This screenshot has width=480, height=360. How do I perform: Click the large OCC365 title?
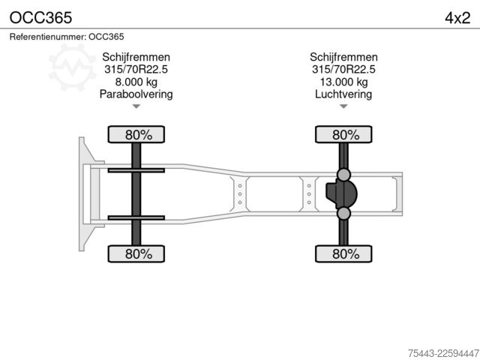tap(40, 18)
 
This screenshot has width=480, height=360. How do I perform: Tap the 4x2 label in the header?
tap(457, 18)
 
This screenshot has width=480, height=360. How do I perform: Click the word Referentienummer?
tap(47, 37)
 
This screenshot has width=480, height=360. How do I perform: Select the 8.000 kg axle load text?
tap(136, 82)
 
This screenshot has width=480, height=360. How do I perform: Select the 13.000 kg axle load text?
tap(343, 82)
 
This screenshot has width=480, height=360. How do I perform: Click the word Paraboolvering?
tap(136, 94)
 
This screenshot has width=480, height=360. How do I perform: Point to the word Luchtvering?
tap(343, 94)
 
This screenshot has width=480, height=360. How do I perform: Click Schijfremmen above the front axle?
tap(136, 57)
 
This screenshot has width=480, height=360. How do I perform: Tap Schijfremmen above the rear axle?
tap(343, 57)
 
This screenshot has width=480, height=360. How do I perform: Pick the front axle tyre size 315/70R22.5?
tap(136, 69)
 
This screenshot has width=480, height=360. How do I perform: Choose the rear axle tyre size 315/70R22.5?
tap(343, 69)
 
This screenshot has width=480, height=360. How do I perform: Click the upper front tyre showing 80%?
tap(136, 134)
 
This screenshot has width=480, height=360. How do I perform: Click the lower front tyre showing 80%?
tap(136, 253)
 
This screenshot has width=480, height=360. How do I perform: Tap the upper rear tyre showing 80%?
tap(343, 134)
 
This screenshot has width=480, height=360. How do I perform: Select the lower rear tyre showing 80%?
tap(343, 253)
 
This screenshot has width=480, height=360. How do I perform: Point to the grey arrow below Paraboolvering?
tap(136, 106)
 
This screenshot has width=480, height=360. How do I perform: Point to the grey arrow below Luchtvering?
tap(343, 106)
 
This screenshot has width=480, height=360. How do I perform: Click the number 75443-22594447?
tap(443, 353)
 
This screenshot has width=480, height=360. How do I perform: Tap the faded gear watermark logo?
tap(72, 67)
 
